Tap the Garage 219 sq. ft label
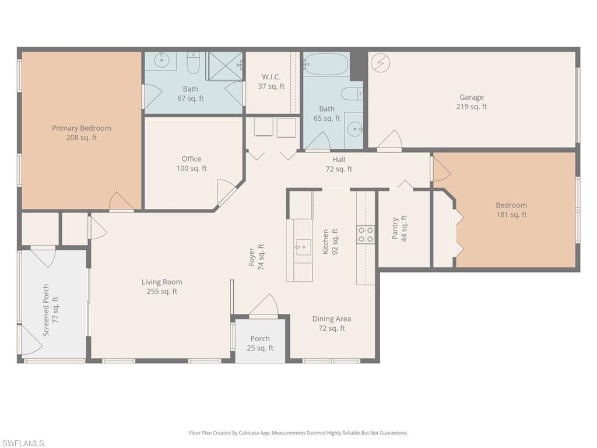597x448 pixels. click(x=471, y=102)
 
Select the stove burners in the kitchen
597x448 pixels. click(x=366, y=235)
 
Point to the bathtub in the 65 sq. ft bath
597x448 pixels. click(x=326, y=64)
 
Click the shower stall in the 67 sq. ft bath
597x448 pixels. click(x=225, y=65)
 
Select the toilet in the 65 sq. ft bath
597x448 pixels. click(x=352, y=93)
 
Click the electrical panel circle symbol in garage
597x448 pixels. click(x=381, y=63)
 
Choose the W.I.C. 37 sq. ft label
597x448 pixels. click(x=271, y=82)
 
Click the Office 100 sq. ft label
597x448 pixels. click(x=191, y=163)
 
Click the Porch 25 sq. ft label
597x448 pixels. click(x=260, y=344)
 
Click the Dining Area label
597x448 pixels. click(x=331, y=323)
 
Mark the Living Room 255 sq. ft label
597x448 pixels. click(x=162, y=286)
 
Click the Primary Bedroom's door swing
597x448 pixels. click(x=121, y=202)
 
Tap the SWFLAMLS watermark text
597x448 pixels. click(x=23, y=443)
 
